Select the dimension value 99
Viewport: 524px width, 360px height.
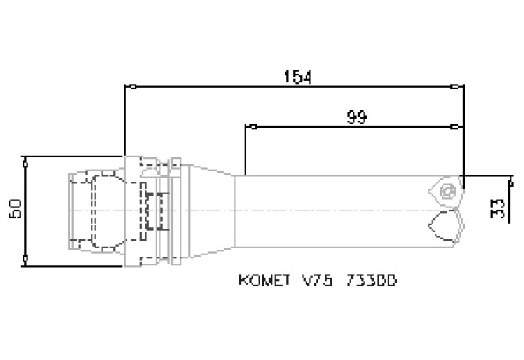357,117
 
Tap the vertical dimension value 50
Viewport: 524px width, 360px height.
13,210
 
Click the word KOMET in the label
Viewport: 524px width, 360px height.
258,279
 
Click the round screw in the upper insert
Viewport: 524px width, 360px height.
447,190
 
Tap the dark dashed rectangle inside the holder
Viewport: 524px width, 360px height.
153,210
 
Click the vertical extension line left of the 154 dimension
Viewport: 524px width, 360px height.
124,117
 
